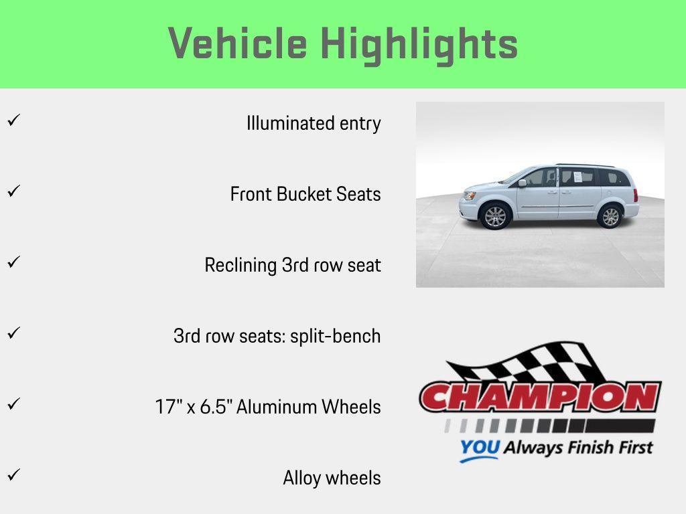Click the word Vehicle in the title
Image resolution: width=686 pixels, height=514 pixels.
(x=237, y=44)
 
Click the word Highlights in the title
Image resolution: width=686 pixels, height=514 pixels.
(x=419, y=45)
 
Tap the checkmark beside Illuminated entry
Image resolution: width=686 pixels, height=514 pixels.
(x=13, y=120)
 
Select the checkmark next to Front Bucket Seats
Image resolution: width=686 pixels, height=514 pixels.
(x=13, y=191)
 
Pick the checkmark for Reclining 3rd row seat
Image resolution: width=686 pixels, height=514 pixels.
(x=13, y=262)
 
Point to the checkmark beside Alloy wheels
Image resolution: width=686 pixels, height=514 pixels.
(x=13, y=475)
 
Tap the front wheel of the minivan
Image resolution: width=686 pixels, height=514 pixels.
(x=495, y=216)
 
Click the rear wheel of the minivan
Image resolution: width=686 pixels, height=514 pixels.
(x=610, y=216)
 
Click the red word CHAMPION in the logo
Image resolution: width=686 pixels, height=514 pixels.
(x=540, y=398)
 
